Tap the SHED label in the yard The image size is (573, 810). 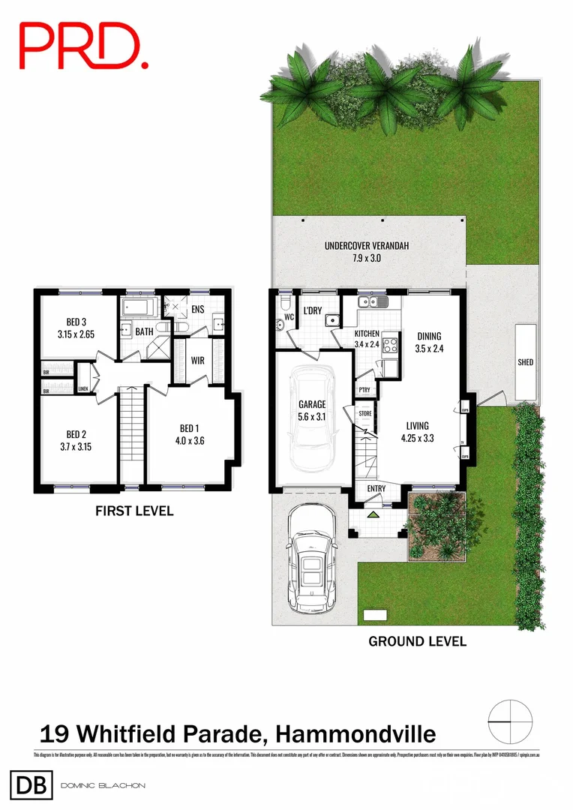click(x=526, y=362)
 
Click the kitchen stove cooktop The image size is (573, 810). click(x=391, y=346)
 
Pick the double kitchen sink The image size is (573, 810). click(x=371, y=302)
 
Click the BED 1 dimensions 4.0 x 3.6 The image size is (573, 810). click(x=187, y=441)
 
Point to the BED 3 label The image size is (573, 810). click(x=78, y=322)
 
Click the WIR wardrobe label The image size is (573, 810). click(x=198, y=361)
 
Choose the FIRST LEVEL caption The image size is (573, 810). click(x=134, y=511)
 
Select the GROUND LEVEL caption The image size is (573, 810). click(x=417, y=641)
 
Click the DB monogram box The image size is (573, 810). click(x=30, y=786)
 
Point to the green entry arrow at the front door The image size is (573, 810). click(x=373, y=514)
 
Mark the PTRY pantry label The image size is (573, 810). click(x=364, y=390)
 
